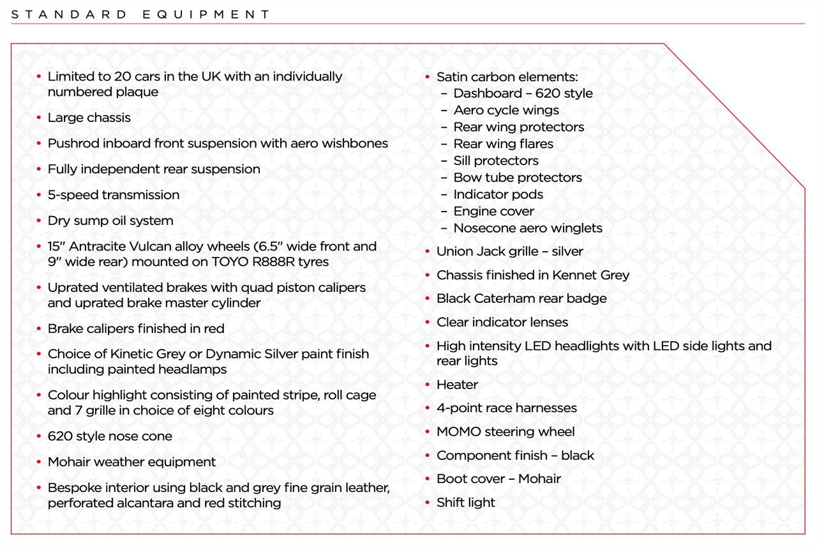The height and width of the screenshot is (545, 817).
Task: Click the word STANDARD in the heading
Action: [x=70, y=14]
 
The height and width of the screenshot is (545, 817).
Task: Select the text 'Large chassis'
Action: [x=89, y=118]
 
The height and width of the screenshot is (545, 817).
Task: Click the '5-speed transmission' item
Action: [x=114, y=195]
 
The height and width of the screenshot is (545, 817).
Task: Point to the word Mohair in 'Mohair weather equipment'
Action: [x=68, y=462]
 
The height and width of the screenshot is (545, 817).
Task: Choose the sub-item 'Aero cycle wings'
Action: [x=506, y=110]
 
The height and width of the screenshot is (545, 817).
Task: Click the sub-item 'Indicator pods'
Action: [x=498, y=194]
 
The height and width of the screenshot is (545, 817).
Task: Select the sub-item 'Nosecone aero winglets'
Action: [x=527, y=228]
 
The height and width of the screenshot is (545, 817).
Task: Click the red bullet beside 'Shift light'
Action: [x=428, y=503]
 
